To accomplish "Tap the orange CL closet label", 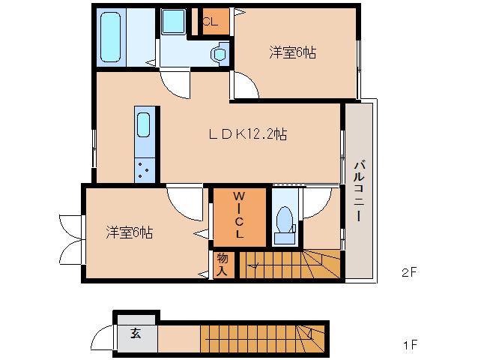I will (209, 21).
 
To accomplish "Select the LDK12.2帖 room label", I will (248, 135).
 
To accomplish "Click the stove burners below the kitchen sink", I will (144, 170).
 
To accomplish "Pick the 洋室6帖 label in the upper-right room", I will (293, 52).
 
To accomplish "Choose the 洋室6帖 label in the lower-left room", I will (129, 232).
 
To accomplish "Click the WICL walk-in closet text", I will (239, 217).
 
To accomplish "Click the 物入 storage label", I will (223, 264).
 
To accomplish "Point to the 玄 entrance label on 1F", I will (136, 334).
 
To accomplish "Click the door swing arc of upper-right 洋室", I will (245, 87).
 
